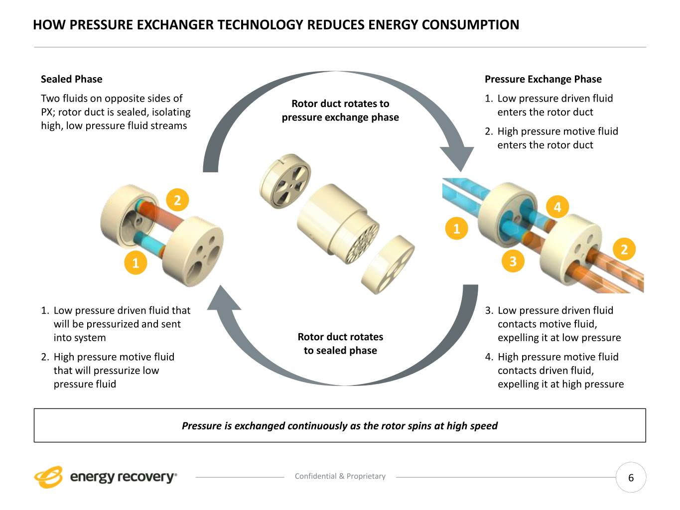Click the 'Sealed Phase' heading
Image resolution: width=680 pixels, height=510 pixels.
71,79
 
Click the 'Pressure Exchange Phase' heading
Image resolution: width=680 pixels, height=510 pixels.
543,79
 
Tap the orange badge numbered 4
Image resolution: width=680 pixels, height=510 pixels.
557,207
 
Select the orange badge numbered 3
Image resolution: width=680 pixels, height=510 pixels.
513,260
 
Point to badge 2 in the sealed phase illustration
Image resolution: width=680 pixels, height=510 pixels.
177,200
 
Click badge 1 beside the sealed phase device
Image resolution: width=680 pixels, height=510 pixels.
135,262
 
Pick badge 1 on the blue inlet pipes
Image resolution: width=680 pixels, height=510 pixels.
456,229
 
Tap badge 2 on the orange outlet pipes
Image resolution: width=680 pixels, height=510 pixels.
624,249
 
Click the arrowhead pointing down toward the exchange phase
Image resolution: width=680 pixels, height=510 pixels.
457,157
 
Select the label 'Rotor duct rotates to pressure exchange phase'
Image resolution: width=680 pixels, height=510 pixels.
340,111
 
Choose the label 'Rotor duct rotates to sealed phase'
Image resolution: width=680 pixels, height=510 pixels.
340,344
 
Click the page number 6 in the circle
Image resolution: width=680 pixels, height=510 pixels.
631,478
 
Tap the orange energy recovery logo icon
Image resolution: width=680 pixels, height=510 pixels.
48,477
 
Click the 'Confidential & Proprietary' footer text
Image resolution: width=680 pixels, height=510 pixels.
340,476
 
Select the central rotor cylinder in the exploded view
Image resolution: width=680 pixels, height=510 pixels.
334,222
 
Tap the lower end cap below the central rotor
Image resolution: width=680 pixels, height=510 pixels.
388,264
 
